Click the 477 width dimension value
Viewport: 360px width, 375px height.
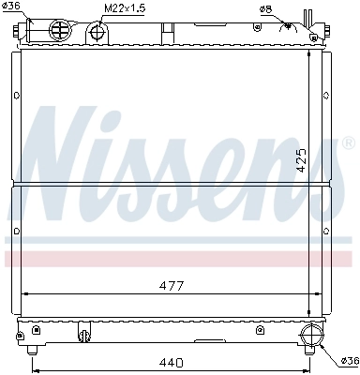[170, 285]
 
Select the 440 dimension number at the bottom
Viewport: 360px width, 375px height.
[170, 362]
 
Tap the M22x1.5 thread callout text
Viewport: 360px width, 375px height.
[124, 9]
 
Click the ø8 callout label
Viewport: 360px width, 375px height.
[266, 10]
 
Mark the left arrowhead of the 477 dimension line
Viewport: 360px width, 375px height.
[23, 292]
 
